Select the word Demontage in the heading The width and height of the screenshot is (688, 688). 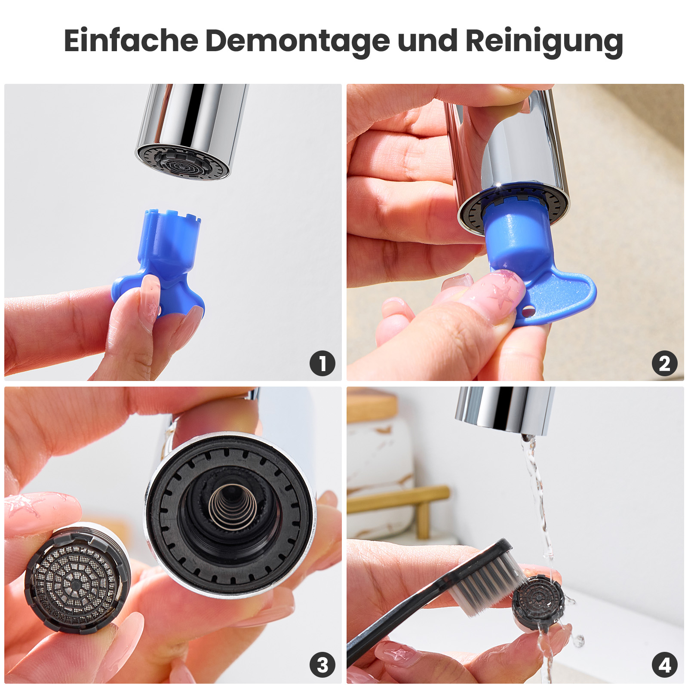coord(298,41)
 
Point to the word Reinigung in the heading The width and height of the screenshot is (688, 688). coord(544,41)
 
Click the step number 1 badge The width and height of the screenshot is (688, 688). coord(322,363)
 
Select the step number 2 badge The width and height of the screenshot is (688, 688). coord(664,363)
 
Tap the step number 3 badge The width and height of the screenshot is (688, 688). coord(322,665)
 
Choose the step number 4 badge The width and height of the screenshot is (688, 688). coord(664,665)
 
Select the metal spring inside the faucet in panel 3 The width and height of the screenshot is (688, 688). coord(233,506)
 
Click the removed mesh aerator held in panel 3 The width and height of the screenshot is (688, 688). coord(77,578)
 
